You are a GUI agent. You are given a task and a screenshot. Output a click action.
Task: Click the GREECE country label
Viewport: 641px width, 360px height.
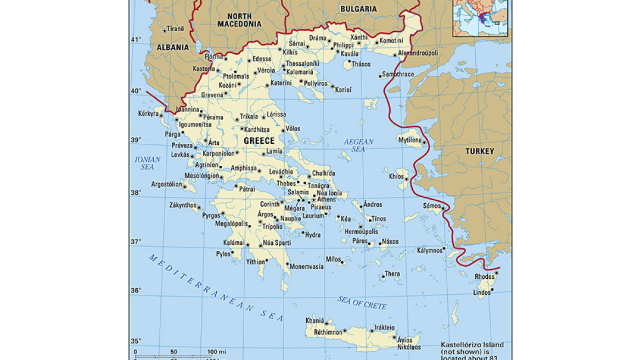pos(259,141)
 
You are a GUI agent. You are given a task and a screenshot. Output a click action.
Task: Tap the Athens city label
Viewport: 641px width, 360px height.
pos(327,200)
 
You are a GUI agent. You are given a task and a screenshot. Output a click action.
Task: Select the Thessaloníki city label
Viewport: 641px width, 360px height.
pos(302,64)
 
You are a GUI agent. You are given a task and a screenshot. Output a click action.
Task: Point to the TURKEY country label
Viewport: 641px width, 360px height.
pos(480,151)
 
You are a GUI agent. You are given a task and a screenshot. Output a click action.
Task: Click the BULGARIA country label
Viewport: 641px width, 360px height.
pos(358,9)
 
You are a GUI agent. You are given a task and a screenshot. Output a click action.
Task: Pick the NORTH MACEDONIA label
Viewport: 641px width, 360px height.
pos(239,20)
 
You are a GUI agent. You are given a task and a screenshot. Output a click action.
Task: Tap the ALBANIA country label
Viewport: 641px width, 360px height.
pos(173,48)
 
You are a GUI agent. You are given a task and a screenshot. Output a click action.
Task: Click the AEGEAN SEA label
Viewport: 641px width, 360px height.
pos(358,145)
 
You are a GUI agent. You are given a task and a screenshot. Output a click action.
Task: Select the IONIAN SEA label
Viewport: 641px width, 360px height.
pos(148,163)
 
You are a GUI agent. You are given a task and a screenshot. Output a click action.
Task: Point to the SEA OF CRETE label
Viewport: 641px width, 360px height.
pos(362,302)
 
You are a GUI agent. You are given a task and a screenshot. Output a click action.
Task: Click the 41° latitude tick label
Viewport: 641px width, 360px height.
pos(136,40)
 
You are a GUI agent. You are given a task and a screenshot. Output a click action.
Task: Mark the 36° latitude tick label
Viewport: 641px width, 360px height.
pos(136,290)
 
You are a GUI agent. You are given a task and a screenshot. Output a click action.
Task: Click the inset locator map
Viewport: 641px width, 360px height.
pos(480,18)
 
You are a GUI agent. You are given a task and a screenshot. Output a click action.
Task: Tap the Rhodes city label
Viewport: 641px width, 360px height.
pos(485,277)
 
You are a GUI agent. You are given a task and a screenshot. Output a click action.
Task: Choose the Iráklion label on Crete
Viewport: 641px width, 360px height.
pos(384,328)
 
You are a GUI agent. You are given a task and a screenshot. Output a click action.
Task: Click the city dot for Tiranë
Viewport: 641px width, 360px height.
pos(164,31)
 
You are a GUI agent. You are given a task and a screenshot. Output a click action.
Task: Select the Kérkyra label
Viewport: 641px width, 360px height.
pos(148,114)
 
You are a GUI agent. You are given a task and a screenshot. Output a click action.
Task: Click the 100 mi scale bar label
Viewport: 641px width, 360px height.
pos(217,352)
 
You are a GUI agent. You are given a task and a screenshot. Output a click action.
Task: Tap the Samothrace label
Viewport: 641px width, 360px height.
pos(398,74)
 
